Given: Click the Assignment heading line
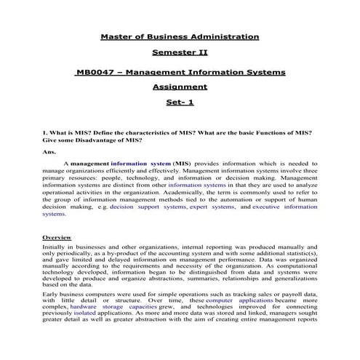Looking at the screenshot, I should (180, 87).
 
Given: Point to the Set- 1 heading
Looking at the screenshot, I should (180, 103).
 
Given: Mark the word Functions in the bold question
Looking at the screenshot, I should (276, 132).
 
